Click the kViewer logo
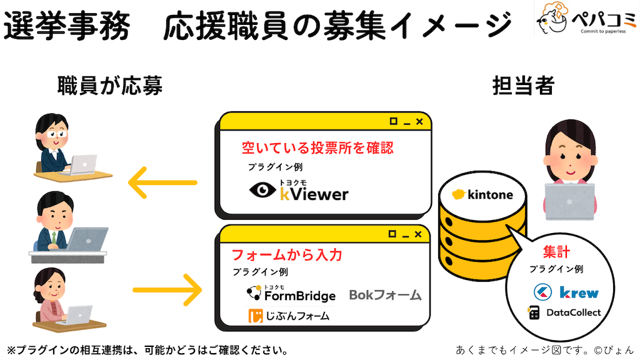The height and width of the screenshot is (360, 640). [298, 191]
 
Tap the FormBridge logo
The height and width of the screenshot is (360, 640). [291, 294]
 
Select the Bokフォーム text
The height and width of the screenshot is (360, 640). [385, 294]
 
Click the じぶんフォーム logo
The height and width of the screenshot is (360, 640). [288, 316]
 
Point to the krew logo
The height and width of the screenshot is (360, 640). [566, 292]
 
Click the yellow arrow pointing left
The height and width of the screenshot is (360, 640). [162, 183]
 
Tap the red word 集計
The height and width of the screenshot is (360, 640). [556, 252]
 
